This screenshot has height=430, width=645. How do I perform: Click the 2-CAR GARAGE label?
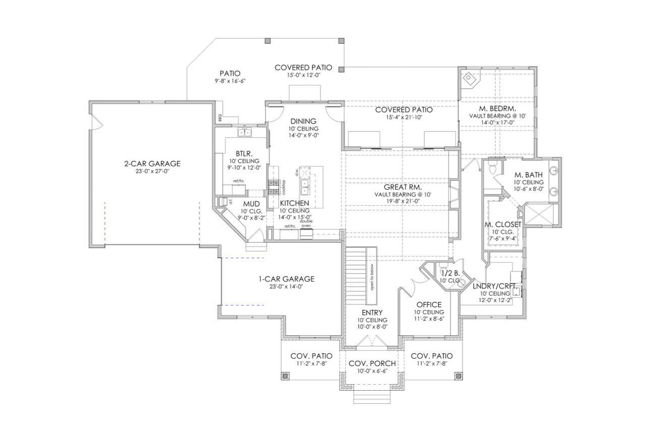tap(152, 164)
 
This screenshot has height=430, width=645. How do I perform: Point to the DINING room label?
tap(303, 121)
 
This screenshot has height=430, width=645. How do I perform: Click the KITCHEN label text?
tap(294, 203)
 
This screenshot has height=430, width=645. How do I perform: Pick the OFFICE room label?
tap(429, 305)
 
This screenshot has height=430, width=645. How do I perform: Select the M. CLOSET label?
tap(503, 224)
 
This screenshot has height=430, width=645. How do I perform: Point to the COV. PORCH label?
tap(372, 364)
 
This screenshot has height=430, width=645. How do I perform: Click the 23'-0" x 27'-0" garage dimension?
tap(152, 172)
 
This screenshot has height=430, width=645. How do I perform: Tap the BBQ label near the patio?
tap(220, 116)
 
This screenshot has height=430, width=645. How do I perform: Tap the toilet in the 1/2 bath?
tap(443, 264)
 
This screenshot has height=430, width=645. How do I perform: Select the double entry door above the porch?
tap(372, 342)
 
